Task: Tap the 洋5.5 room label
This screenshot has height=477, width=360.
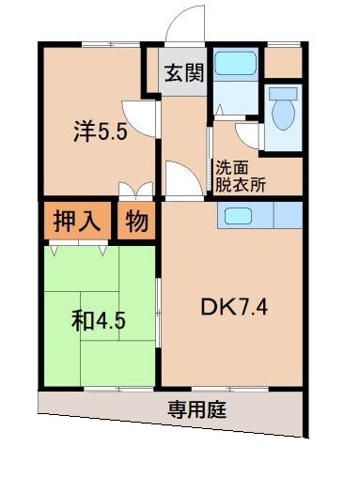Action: [100, 132]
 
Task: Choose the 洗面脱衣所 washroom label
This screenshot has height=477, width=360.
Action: [241, 177]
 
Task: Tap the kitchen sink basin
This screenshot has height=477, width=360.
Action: [237, 216]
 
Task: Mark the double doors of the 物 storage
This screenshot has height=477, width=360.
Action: [138, 191]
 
